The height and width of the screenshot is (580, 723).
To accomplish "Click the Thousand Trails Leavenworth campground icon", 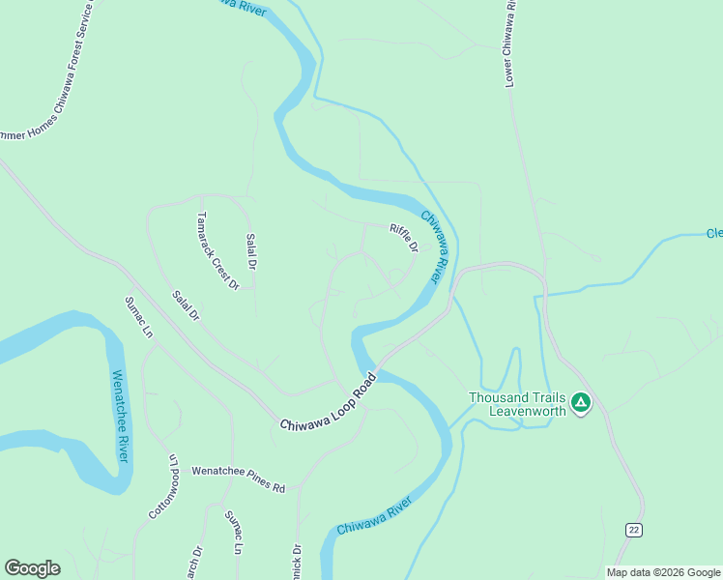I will [581, 402].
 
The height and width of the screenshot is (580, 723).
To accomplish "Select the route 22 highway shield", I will [633, 530].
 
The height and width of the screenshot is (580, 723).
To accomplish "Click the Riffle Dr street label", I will [403, 238].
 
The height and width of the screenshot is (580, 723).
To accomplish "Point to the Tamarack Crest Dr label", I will [217, 250].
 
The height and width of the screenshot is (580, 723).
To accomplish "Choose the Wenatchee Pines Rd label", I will [238, 478].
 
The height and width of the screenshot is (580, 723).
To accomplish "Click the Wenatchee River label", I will [121, 416].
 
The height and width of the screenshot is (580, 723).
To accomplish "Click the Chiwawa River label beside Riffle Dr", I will [436, 247].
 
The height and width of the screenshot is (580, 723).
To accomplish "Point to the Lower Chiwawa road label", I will [509, 44].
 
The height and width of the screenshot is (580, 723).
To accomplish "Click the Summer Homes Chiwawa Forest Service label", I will [48, 73].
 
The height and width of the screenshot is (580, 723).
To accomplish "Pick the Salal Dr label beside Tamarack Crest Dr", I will [251, 251].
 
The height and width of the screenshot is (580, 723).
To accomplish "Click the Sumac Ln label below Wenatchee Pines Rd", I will [233, 533].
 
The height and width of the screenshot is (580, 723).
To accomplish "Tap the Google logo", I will [32, 568].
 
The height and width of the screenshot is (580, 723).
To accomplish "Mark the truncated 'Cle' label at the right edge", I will [713, 233].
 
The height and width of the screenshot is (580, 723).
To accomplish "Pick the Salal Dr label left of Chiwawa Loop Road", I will [185, 305].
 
